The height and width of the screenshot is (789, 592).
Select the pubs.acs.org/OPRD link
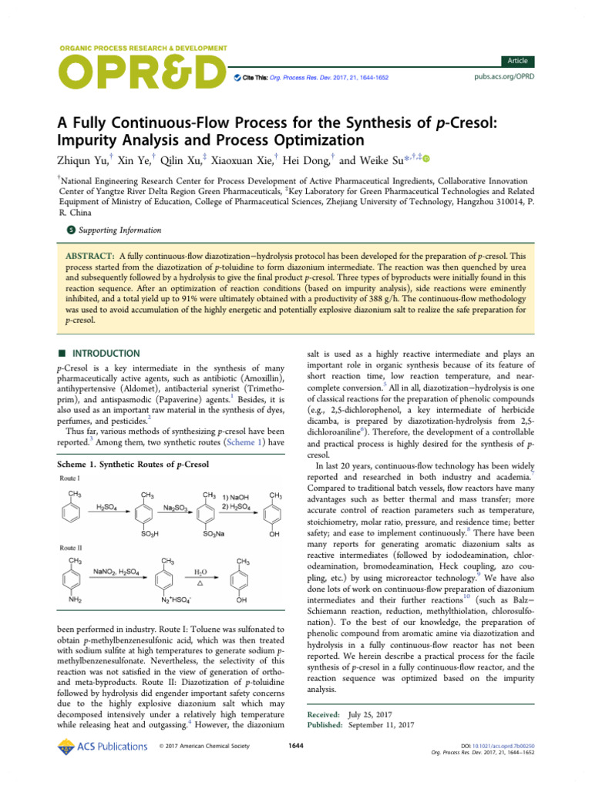tap(503, 78)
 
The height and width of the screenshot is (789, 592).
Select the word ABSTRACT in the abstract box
tap(88, 255)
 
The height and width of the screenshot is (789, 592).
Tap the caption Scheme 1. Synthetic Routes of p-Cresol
tap(133, 465)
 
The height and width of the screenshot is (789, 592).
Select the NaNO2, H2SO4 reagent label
tap(119, 572)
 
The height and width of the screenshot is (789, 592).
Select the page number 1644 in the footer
tap(296, 746)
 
